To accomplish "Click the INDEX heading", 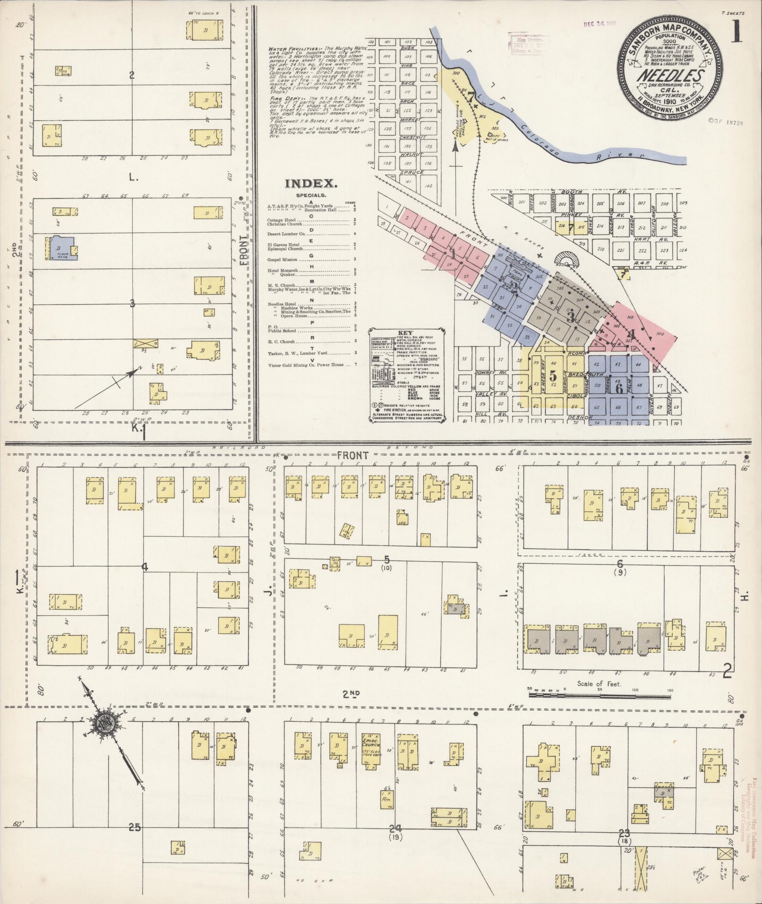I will click(310, 183).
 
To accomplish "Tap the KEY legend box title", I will click(408, 333).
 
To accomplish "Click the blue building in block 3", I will click(60, 247).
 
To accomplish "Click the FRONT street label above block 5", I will click(352, 455).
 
